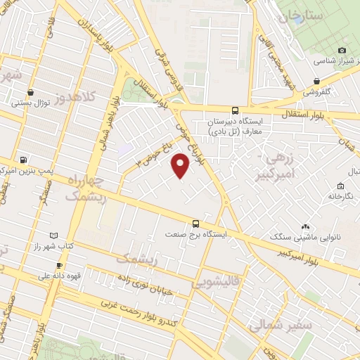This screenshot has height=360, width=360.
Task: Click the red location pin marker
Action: click(181, 166)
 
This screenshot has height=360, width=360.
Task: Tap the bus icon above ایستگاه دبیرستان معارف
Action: click(235, 110)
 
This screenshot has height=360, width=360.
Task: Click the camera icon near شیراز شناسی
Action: click(342, 51)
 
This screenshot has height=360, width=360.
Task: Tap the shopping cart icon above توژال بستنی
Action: click(30, 92)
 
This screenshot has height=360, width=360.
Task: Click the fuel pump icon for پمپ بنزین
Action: click(25, 160)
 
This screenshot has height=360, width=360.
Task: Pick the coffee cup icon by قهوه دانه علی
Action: click(59, 265)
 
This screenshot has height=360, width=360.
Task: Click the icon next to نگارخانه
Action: click(340, 186)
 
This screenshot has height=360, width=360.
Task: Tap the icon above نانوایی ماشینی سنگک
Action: click(305, 227)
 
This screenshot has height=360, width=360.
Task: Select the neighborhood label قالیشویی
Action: click(212, 284)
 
